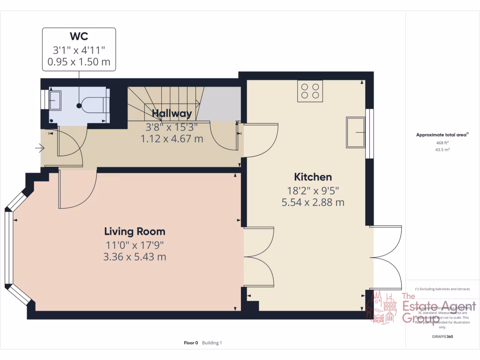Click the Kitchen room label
coord(313,177)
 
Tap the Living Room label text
coord(135,232)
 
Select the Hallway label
coord(172,113)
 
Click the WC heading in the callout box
coord(79,37)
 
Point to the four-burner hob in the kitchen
coord(310,90)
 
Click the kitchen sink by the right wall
coord(356,132)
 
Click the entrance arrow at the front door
coord(39,149)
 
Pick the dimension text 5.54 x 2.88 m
coord(313,202)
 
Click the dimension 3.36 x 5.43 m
coord(135,257)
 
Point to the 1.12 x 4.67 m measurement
coord(172,139)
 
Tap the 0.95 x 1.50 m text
coord(79,61)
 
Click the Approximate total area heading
coord(442,135)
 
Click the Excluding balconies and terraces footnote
coord(442,289)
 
